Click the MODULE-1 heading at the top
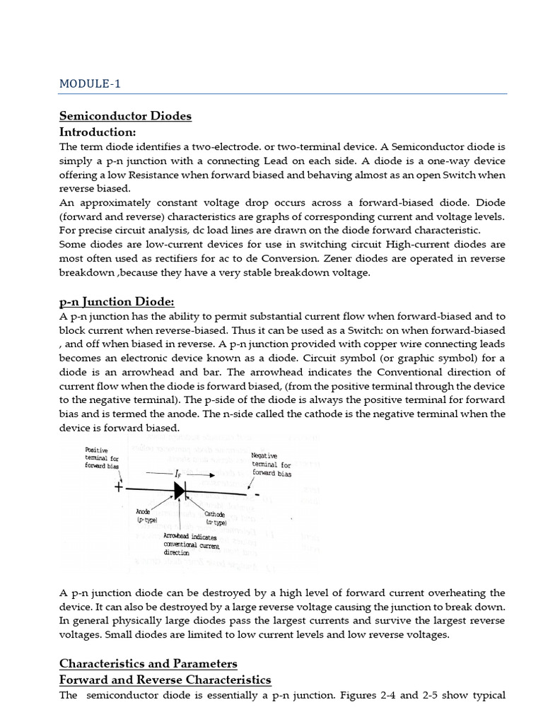pos(90,83)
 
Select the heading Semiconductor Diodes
pos(125,116)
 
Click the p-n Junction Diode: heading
pos(117,301)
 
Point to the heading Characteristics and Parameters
pos(148,663)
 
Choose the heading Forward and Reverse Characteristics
pos(165,679)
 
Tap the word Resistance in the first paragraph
pos(170,175)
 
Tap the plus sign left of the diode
pos(119,487)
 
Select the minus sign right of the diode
pos(257,493)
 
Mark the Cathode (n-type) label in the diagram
pos(216,518)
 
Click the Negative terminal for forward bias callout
pos(271,465)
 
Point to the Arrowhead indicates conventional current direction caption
pos(192,544)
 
